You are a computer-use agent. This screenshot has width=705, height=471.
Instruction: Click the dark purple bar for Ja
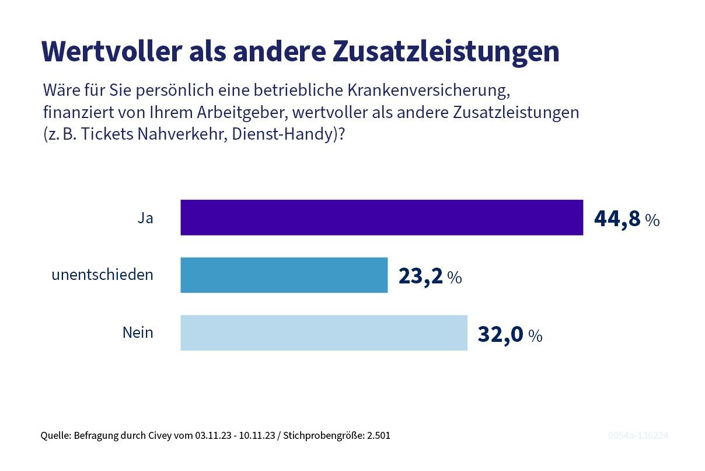382,217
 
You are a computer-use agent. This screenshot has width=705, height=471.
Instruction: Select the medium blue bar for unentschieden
284,275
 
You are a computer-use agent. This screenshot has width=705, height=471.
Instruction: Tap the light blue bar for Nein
324,333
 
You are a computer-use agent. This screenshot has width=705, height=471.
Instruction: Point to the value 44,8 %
626,219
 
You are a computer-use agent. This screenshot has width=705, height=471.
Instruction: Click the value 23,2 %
430,276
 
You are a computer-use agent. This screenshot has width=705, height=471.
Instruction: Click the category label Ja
145,218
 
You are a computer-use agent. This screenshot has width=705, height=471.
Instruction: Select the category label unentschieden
102,275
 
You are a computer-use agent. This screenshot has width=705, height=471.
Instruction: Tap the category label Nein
138,333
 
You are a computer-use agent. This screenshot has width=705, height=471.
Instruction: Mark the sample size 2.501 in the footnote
379,436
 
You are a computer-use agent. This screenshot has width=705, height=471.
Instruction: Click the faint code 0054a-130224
638,436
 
